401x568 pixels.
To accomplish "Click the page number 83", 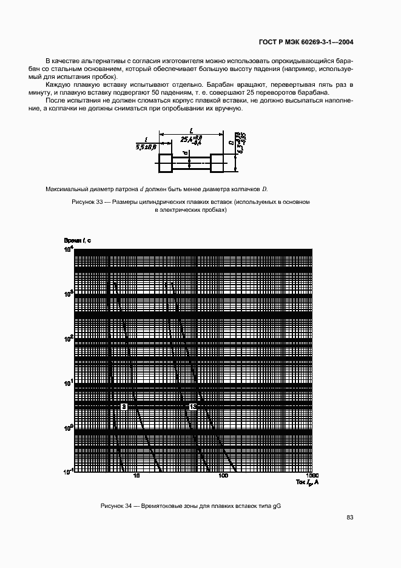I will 349,518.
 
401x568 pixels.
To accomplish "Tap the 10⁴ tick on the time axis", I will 68,249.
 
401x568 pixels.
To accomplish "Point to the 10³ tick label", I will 68,294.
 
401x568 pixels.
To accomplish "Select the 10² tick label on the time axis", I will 68,338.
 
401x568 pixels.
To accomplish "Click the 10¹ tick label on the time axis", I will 68,383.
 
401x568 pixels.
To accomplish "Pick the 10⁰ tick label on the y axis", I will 68,427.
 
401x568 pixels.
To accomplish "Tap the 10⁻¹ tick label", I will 67,472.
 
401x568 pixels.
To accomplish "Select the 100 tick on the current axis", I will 223,476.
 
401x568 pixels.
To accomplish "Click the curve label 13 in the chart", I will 192,406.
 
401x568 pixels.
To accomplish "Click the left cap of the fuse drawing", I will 165,162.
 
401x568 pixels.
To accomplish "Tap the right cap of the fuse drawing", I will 217,162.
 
